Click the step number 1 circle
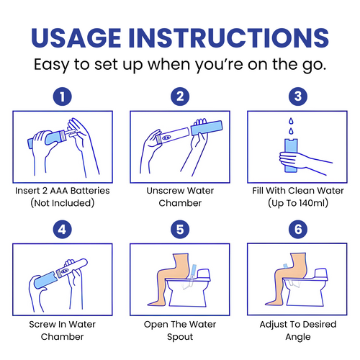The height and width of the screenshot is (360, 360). click(63, 96)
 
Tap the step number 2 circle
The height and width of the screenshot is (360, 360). click(180, 96)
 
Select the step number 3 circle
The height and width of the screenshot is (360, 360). click(298, 96)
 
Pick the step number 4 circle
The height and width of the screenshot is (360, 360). click(63, 230)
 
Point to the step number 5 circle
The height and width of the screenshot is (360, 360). click(180, 230)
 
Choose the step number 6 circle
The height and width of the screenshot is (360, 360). click(298, 230)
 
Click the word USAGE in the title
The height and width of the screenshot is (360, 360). click(76, 38)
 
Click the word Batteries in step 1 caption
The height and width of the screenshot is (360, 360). click(90, 191)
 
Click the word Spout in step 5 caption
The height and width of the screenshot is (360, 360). click(180, 337)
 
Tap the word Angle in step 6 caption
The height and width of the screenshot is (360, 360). click(298, 337)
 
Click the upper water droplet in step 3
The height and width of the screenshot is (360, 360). click(291, 121)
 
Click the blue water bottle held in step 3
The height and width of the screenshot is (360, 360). click(291, 156)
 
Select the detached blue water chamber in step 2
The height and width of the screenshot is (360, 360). click(207, 127)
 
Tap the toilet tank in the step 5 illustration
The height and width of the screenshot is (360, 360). click(204, 274)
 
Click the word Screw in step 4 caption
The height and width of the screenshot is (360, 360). click(41, 324)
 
